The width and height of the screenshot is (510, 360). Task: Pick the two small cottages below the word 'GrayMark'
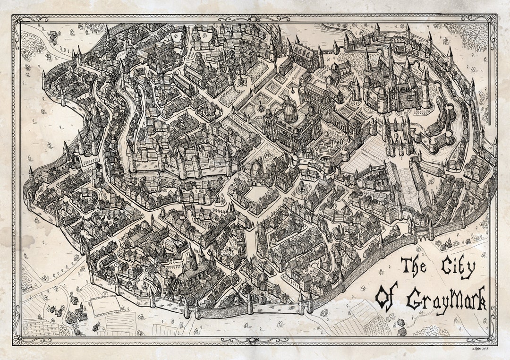[x=401, y=326]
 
